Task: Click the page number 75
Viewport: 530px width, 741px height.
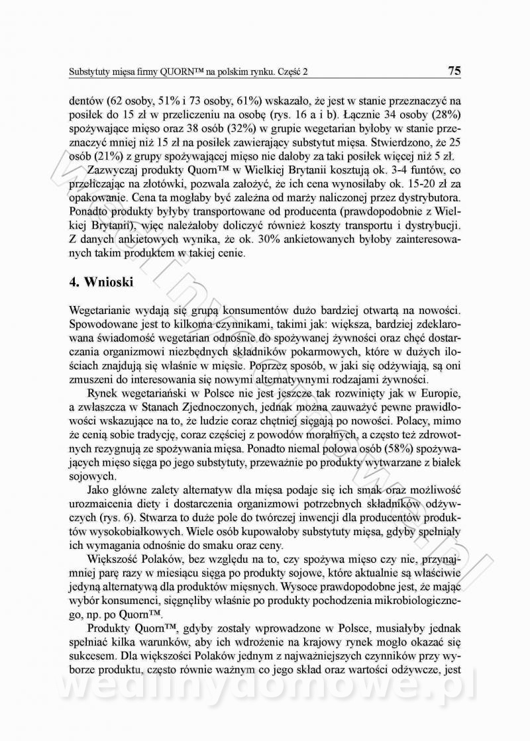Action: pyautogui.click(x=454, y=70)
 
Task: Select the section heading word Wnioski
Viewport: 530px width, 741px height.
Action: pyautogui.click(x=107, y=282)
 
